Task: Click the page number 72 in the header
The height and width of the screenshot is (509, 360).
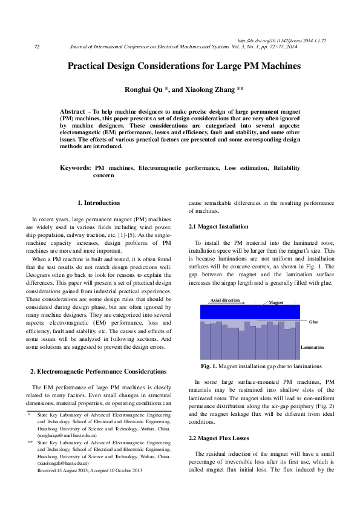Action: (x=37, y=47)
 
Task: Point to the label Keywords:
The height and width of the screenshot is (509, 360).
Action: (x=76, y=167)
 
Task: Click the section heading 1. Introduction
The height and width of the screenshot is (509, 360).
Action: (x=99, y=203)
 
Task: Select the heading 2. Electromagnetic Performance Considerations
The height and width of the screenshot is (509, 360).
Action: (x=98, y=371)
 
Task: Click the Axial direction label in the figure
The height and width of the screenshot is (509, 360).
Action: (x=224, y=300)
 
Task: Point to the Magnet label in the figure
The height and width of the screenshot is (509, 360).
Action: (x=276, y=302)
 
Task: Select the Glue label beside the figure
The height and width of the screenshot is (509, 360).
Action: (x=313, y=322)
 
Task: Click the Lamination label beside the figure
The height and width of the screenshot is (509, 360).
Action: (x=312, y=347)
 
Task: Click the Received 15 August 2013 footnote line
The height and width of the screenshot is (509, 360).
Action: (x=90, y=470)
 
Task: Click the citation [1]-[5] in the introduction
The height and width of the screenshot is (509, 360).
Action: (x=128, y=234)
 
